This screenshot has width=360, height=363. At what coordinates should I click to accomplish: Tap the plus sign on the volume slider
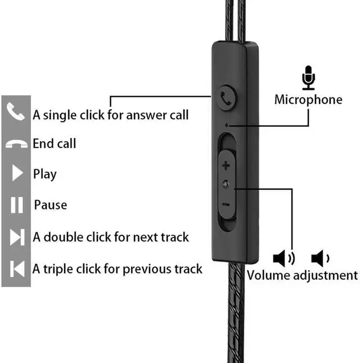point(226,166)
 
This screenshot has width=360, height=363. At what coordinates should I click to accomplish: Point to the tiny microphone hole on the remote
point(226,123)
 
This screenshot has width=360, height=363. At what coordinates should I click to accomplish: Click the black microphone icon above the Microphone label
point(308,78)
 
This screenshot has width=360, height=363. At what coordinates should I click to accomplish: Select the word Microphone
point(308,100)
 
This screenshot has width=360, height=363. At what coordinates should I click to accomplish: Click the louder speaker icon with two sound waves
point(283,258)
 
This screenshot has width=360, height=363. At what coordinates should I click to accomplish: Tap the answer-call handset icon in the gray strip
point(16,111)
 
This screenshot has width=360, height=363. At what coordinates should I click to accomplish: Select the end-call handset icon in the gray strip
point(16,144)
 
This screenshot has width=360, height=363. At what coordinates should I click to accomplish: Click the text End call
point(54,144)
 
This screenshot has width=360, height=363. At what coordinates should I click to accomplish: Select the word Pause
point(50,205)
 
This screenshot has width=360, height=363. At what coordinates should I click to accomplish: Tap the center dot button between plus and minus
point(226,185)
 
